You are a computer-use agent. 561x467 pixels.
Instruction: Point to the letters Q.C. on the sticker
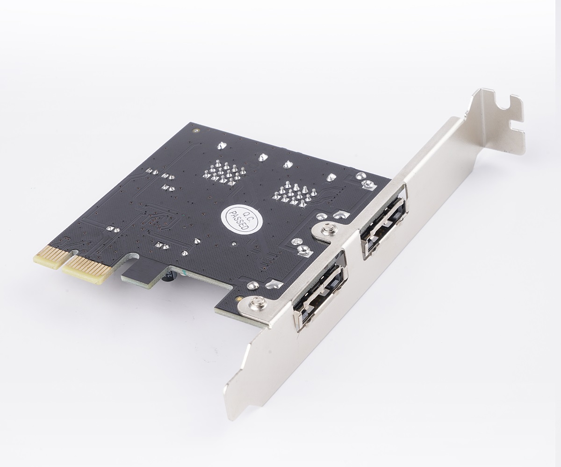247,217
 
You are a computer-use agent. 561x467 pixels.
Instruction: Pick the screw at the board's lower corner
257,304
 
